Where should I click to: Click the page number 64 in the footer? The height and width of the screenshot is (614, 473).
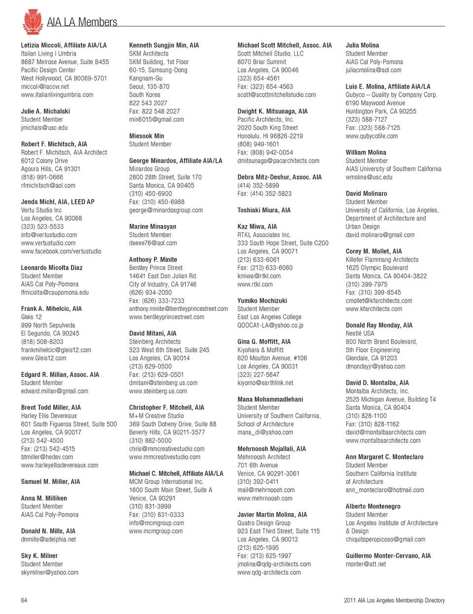[x=24, y=600]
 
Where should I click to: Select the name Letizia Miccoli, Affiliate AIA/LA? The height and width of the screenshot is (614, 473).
[x=64, y=45]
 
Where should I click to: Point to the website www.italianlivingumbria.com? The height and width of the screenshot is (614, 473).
[x=57, y=95]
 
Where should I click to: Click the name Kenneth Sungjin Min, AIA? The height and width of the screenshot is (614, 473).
[x=164, y=45]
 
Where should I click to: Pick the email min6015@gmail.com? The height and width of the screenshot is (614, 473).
[x=156, y=119]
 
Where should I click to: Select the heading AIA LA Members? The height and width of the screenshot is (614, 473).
[x=82, y=22]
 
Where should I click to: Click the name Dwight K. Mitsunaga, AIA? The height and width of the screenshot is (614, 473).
[x=272, y=111]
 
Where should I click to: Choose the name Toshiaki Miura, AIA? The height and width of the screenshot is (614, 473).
[x=264, y=210]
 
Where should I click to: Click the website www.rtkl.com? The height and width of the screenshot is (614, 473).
[x=255, y=284]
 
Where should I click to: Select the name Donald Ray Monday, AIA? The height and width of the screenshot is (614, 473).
[x=378, y=325]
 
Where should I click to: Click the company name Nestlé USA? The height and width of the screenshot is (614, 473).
[x=360, y=334]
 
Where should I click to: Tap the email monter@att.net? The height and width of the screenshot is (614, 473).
[x=366, y=564]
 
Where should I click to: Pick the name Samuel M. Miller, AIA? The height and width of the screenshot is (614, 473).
[x=50, y=482]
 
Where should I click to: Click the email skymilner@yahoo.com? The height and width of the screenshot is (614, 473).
[x=49, y=573]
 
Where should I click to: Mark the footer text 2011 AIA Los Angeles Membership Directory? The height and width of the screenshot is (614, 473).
[x=394, y=600]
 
